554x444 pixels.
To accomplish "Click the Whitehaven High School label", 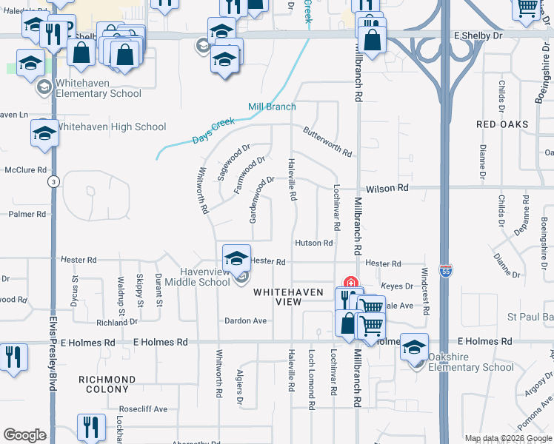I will [111, 127].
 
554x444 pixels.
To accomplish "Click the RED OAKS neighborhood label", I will [502, 124].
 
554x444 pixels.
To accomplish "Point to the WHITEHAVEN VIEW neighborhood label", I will [288, 297].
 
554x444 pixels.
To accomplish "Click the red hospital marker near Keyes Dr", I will [350, 283].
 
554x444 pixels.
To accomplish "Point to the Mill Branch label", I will [272, 107].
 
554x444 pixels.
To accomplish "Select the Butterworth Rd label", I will [327, 141].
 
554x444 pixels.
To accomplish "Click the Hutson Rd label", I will [314, 243].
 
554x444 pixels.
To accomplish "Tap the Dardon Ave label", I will [247, 321].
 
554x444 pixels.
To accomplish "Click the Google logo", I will [24, 435].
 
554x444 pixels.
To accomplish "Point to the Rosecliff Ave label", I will [144, 409].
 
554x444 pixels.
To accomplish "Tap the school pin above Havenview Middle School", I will [236, 258].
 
